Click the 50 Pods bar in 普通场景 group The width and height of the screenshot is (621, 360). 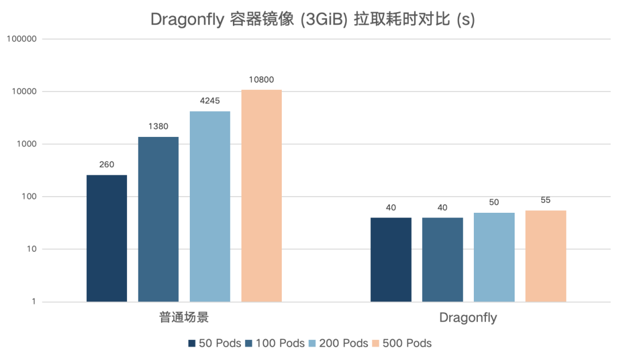pyautogui.click(x=106, y=238)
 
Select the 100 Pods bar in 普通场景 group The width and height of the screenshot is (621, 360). pyautogui.click(x=158, y=219)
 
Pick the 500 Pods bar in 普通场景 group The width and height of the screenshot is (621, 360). pyautogui.click(x=262, y=196)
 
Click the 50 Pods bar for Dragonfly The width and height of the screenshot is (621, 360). pyautogui.click(x=391, y=259)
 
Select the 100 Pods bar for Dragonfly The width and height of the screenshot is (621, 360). pyautogui.click(x=443, y=259)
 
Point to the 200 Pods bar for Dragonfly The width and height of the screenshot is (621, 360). pyautogui.click(x=494, y=256)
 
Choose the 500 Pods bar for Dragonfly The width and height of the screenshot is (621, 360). pyautogui.click(x=546, y=256)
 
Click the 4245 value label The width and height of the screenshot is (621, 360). pyautogui.click(x=210, y=101)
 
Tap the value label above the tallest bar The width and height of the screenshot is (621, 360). pyautogui.click(x=262, y=80)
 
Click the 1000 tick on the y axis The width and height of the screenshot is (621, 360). pyautogui.click(x=26, y=144)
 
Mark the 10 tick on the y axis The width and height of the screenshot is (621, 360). pyautogui.click(x=31, y=249)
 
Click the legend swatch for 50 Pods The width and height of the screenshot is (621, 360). pyautogui.click(x=192, y=344)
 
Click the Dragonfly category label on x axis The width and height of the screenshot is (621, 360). pyautogui.click(x=468, y=318)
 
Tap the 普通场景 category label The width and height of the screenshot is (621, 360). pyautogui.click(x=184, y=318)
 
